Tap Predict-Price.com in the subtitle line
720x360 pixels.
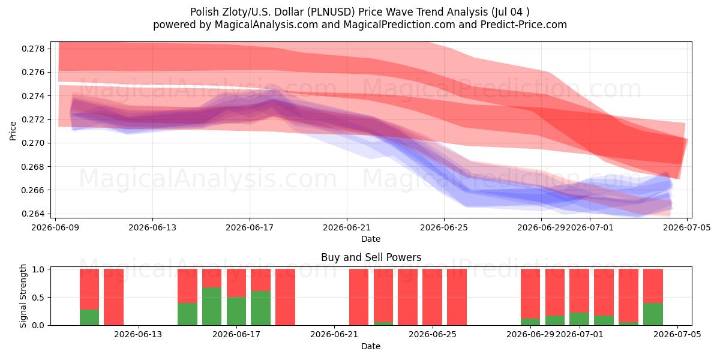(524, 25)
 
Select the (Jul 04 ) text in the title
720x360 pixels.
(510, 12)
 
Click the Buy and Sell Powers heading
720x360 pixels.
(371, 257)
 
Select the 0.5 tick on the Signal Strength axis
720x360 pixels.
(38, 298)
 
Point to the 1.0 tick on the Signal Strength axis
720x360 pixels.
(38, 269)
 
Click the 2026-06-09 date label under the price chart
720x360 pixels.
(55, 227)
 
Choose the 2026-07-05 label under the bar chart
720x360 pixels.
(677, 335)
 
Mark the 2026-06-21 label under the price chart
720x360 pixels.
(347, 227)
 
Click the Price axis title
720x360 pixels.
(13, 131)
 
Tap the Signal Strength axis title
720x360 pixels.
(23, 296)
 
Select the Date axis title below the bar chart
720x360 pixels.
(371, 346)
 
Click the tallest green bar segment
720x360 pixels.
(212, 307)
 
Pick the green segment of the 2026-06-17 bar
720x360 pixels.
(236, 311)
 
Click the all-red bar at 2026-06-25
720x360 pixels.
(433, 297)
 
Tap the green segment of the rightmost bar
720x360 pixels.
(653, 314)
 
